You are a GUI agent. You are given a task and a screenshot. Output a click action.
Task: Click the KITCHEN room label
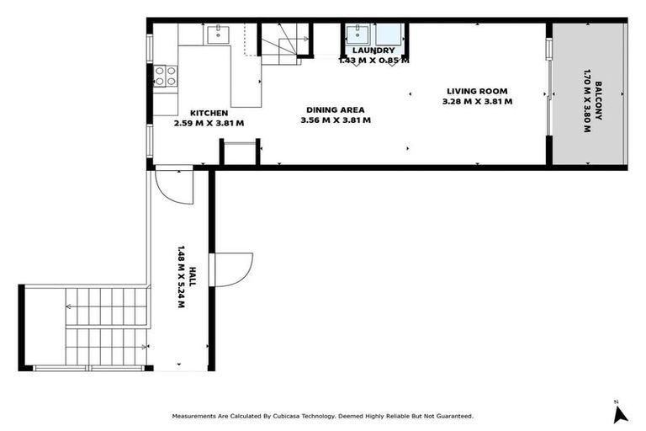tap(209, 113)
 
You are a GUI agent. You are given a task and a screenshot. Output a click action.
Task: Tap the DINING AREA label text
tap(336, 109)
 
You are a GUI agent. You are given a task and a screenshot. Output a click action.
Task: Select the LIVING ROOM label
tap(477, 91)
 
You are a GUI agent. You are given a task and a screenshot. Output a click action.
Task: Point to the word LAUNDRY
tap(373, 51)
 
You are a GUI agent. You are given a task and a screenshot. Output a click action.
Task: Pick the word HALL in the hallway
tap(193, 277)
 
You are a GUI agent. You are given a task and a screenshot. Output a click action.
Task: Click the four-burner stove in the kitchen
tap(166, 77)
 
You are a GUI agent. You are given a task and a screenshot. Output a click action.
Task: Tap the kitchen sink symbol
tap(218, 34)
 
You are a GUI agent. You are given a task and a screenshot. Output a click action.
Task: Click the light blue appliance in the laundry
tap(388, 35)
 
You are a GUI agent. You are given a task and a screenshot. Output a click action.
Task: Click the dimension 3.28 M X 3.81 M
tap(477, 101)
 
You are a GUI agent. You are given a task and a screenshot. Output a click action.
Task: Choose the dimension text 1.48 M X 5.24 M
tap(181, 277)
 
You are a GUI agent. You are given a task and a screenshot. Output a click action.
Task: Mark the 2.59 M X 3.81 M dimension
tap(209, 123)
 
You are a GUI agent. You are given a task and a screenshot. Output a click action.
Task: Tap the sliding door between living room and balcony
tap(548, 93)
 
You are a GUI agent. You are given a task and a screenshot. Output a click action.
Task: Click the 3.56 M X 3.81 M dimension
tap(336, 120)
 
